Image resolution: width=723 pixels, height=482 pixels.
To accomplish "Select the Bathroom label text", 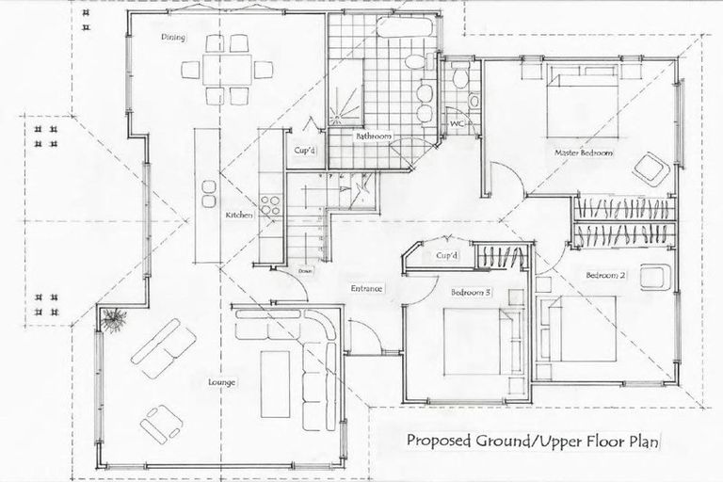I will click(x=373, y=137).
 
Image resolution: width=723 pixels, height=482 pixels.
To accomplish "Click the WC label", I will click(x=456, y=123).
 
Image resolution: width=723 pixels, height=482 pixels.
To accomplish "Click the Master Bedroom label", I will click(x=584, y=153).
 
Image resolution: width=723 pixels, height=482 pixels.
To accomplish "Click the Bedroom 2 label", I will click(x=605, y=276).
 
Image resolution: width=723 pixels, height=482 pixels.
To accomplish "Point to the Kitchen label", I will click(x=238, y=216).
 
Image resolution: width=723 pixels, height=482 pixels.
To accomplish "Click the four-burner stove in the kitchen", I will click(x=270, y=206).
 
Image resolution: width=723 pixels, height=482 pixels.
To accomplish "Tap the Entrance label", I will click(x=365, y=288).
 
